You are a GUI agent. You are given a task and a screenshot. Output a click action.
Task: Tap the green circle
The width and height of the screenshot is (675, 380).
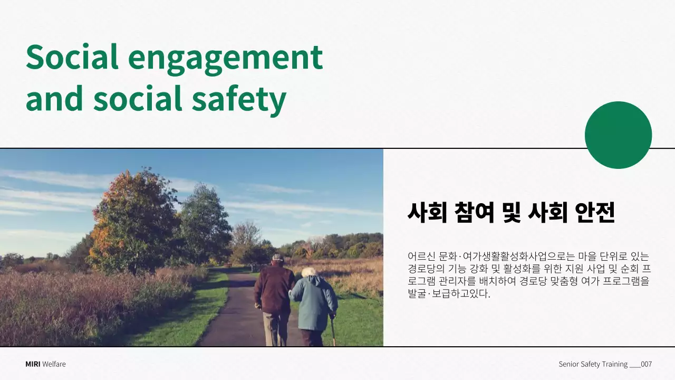tap(618, 135)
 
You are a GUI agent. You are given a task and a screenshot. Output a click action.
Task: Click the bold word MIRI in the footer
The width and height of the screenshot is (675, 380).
tap(33, 364)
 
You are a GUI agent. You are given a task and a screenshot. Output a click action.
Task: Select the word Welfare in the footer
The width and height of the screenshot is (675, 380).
tap(54, 364)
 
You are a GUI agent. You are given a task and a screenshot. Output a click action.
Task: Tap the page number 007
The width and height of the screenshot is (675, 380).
tap(647, 364)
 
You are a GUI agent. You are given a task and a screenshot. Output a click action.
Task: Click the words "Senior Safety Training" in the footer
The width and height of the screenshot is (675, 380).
tap(593, 364)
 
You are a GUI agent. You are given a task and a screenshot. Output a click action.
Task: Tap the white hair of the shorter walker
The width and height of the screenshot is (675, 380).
tap(308, 272)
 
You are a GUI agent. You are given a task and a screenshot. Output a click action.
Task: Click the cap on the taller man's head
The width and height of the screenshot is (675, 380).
tap(277, 258)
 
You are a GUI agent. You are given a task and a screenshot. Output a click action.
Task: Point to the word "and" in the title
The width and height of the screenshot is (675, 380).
tap(54, 99)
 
